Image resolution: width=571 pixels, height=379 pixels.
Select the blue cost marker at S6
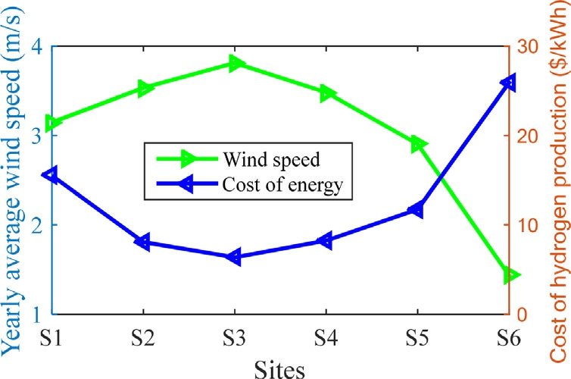(x=507, y=81)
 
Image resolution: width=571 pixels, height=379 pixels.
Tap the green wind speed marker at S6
(x=507, y=275)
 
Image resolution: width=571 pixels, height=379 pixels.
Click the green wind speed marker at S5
(x=418, y=144)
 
